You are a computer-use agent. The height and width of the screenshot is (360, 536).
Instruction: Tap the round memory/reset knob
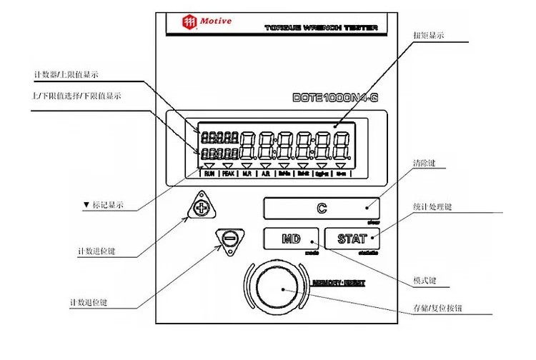282,290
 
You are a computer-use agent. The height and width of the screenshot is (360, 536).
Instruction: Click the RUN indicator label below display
209,174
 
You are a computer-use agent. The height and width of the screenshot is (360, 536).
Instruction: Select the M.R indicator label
247,174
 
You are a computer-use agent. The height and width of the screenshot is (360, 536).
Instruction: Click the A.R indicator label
266,174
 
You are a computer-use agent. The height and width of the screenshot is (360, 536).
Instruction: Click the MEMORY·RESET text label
340,283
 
